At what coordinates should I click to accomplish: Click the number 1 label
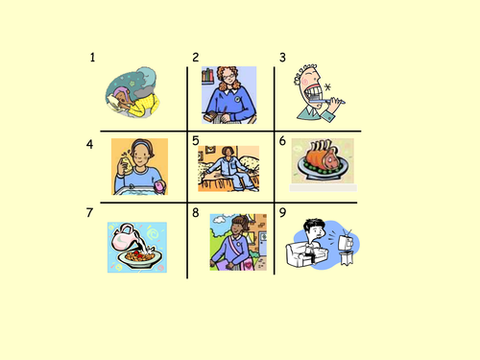pos(92,58)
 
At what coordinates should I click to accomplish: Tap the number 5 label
pos(196,141)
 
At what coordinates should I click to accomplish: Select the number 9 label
pos(282,212)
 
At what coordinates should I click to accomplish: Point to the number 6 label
pos(282,141)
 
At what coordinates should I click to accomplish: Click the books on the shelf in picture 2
pos(207,75)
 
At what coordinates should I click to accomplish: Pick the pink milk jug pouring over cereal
pos(126,237)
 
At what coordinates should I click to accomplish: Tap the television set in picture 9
pos(346,242)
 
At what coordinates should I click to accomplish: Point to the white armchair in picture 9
pos(306,254)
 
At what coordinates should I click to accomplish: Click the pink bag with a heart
pos(249,264)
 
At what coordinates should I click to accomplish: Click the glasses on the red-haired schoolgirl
pos(228,77)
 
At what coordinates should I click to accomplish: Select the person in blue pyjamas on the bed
pos(229,169)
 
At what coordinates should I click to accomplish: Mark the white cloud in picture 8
pos(220,220)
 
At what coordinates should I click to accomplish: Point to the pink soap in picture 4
pos(159,186)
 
